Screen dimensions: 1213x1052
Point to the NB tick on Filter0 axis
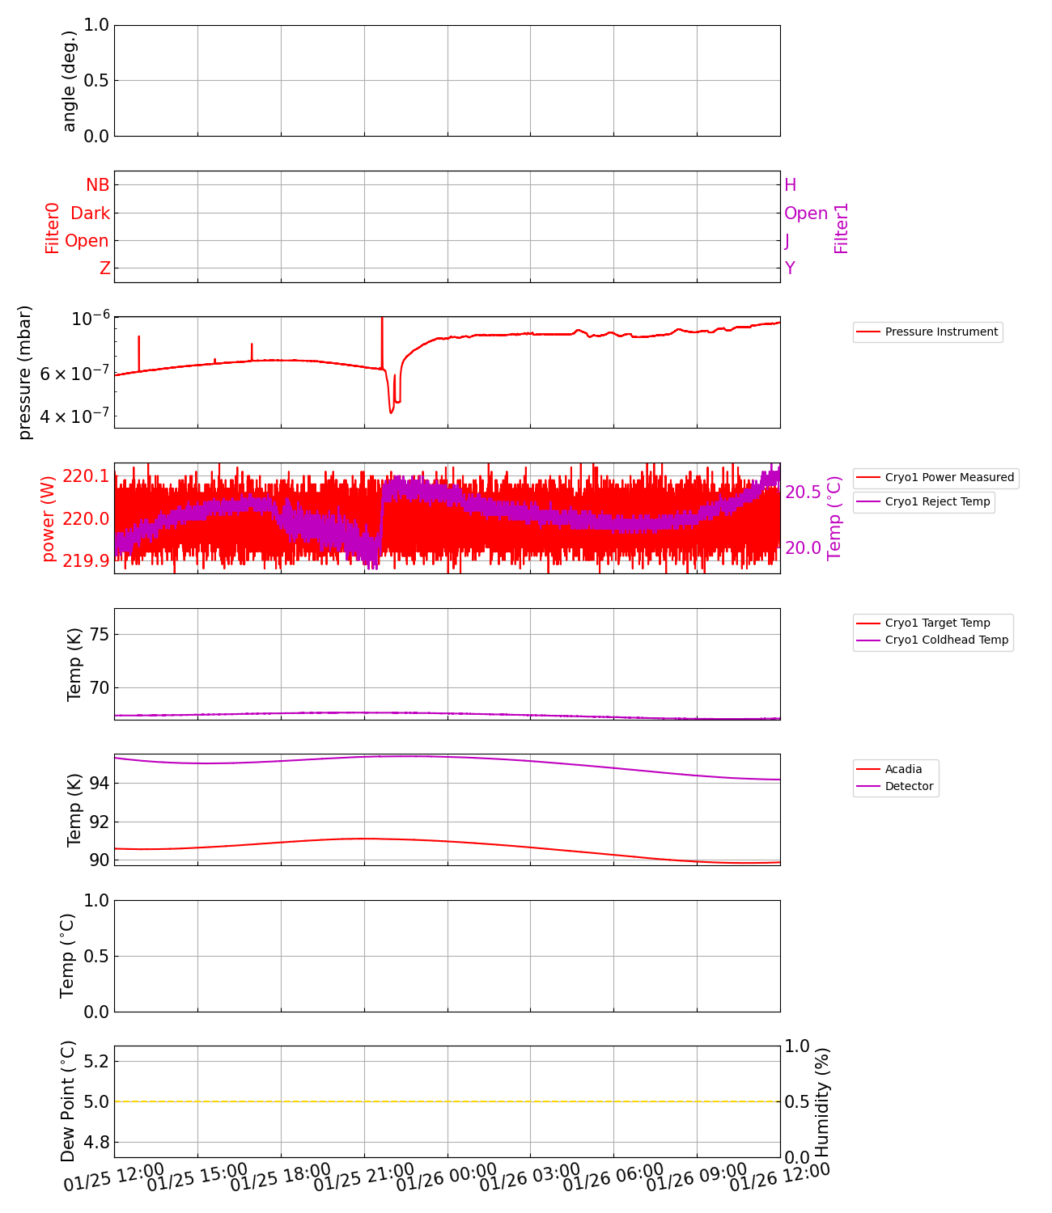[x=98, y=185]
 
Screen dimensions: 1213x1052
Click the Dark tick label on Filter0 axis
[x=90, y=213]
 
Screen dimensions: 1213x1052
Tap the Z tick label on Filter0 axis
[x=104, y=268]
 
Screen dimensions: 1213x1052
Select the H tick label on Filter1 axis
[x=791, y=185]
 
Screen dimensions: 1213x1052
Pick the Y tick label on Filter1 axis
[x=790, y=268]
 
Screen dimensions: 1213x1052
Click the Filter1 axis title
[x=842, y=228]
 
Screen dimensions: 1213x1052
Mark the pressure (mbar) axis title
[x=25, y=372]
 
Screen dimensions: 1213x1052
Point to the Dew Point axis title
[x=68, y=1101]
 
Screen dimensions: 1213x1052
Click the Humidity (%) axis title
[x=822, y=1101]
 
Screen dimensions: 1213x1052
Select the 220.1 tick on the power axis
[x=85, y=476]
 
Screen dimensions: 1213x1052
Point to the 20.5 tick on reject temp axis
[x=803, y=492]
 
